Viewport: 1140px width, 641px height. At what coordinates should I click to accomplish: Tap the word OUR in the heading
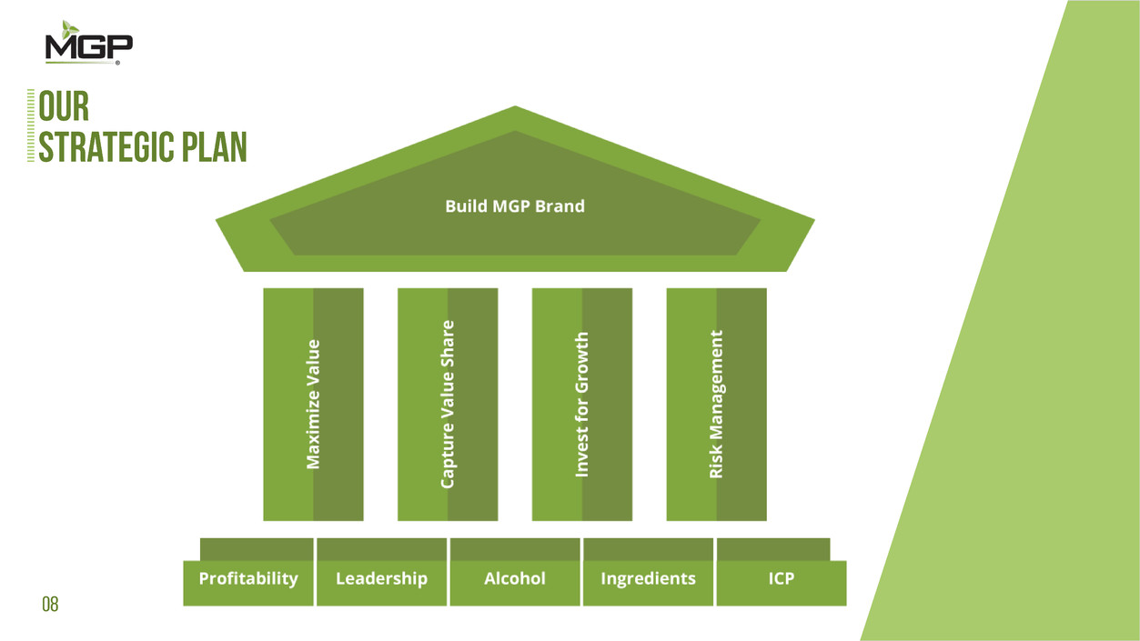coord(64,107)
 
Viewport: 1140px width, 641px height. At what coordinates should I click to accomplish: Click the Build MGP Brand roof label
coord(514,206)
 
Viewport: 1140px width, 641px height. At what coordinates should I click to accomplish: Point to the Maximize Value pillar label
coord(313,405)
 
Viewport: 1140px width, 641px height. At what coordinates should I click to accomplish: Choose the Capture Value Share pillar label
coord(448,405)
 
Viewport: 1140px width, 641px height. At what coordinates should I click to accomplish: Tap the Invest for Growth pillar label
coord(582,405)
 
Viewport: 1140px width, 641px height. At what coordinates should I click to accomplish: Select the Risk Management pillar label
coord(717,405)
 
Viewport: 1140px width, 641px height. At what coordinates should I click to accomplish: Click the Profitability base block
coord(248,579)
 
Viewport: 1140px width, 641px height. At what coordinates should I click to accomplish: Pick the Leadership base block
coord(381,579)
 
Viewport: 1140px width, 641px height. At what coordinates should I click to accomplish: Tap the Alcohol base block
coord(514,579)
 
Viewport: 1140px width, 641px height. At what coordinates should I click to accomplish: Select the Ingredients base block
coord(648,579)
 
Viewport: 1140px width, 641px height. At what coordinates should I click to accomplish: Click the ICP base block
coord(781,579)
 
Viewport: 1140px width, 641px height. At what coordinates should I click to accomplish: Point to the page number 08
coord(50,604)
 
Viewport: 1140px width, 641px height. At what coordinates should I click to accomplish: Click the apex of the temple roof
coord(515,110)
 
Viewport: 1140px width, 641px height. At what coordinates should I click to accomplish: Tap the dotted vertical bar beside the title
coord(31,126)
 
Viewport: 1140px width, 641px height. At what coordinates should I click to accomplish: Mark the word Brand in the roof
coord(560,206)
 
